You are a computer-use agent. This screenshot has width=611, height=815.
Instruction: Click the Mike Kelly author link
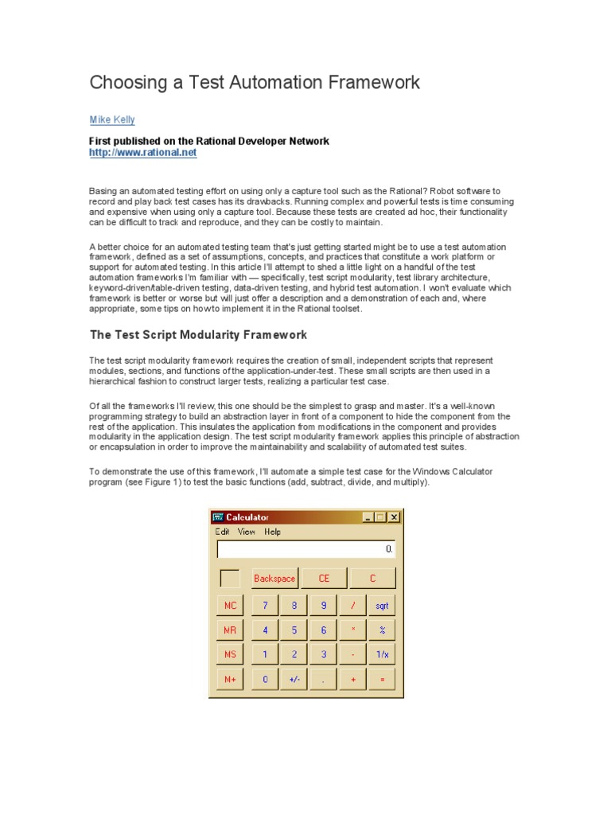coord(112,120)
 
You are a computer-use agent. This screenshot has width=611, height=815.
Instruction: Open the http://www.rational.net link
coord(142,152)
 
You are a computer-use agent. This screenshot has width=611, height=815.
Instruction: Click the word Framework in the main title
coord(365,82)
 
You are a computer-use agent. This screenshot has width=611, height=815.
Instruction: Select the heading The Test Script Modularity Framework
coord(198,335)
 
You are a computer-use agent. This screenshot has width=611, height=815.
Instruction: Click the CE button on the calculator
coord(324,579)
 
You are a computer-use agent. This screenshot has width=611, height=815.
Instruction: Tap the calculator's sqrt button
coord(383,606)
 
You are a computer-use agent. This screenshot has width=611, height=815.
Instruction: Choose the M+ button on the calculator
coord(230,680)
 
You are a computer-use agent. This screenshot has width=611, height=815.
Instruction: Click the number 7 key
coord(265,606)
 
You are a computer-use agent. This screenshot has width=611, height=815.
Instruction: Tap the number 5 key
coord(294,630)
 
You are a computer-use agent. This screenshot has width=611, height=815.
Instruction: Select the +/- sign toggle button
coord(294,680)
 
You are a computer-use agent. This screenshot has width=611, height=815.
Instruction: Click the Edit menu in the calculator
coord(222,532)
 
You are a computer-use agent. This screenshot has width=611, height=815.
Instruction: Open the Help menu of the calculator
coord(273,532)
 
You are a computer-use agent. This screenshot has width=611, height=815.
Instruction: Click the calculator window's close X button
coord(394,517)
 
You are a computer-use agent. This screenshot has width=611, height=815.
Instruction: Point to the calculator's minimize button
coord(368,517)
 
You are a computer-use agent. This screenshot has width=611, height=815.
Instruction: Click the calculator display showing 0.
coord(306,549)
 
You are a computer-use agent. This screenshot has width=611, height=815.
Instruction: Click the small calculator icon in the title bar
coord(218,517)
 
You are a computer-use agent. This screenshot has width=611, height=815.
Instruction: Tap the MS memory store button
coord(230,655)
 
